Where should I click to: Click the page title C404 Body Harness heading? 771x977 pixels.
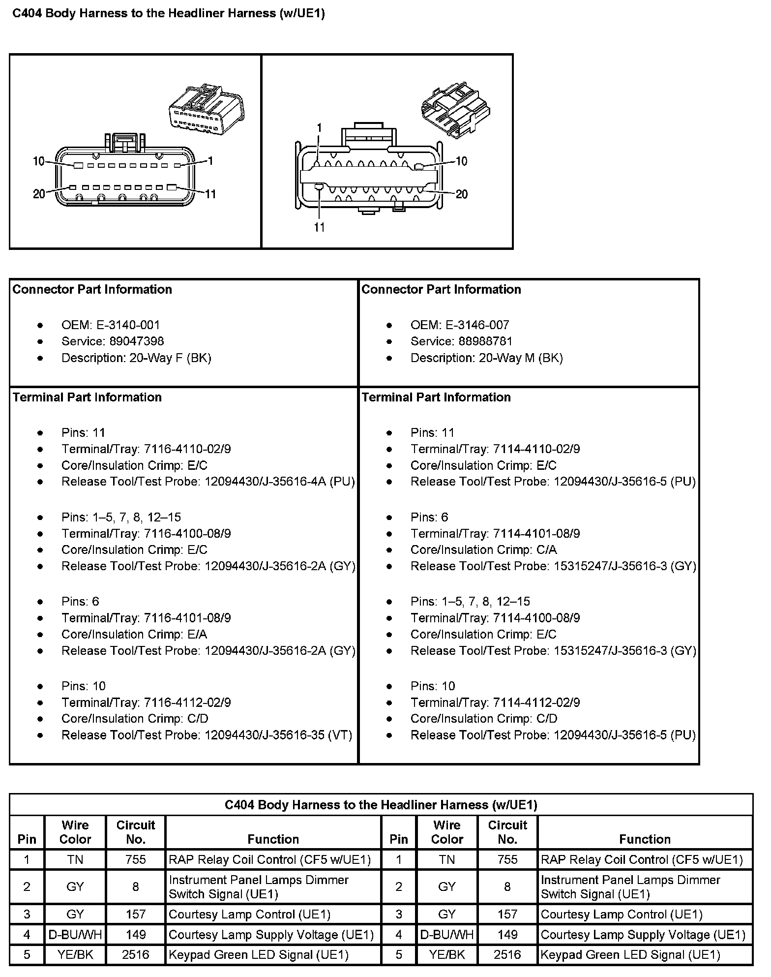coord(168,13)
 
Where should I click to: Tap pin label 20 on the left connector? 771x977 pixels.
coord(39,194)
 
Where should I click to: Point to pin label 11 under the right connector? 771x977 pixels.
coord(320,227)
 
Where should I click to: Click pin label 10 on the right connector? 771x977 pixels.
coord(461,161)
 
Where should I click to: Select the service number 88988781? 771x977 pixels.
coord(485,341)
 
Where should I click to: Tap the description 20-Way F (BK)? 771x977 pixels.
coord(170,358)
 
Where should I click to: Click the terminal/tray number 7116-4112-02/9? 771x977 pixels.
coord(187,702)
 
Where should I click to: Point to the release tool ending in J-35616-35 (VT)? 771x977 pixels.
coord(278,735)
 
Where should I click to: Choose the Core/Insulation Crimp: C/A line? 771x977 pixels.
coord(484,550)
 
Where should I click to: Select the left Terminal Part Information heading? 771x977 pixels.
coord(87,397)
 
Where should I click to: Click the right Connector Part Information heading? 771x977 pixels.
coord(441,289)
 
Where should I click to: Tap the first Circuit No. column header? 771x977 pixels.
coord(136,832)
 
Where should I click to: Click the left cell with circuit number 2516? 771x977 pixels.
coord(136,954)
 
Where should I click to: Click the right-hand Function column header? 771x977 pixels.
coord(645,839)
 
